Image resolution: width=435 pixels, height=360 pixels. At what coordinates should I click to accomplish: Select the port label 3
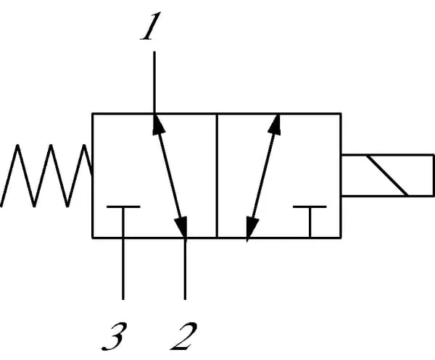[x=117, y=335]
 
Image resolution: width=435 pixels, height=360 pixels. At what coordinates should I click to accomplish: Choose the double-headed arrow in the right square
[x=263, y=176]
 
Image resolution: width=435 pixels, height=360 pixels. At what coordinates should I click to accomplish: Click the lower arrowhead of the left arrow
[x=182, y=229]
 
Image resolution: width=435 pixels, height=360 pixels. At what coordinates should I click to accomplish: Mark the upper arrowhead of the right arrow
[x=275, y=122]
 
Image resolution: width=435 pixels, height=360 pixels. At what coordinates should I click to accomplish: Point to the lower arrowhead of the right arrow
[x=251, y=231]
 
